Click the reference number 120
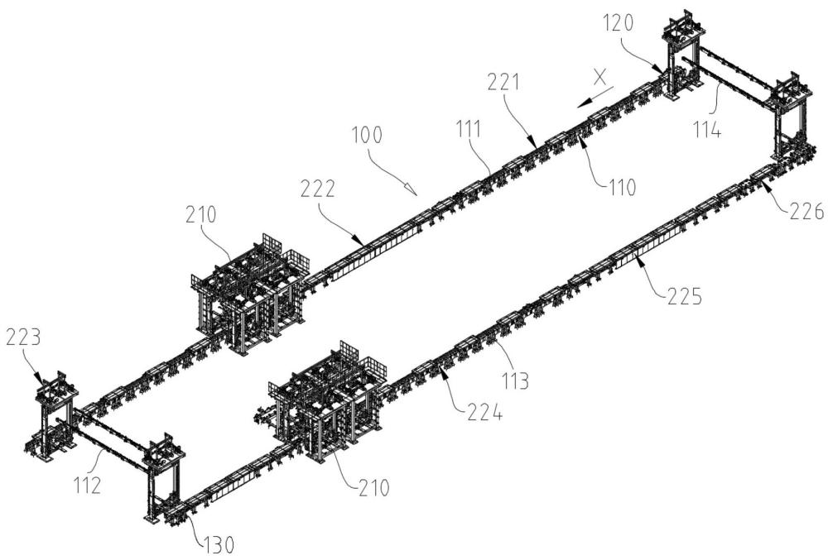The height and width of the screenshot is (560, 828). [618, 24]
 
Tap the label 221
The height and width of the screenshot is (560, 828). [503, 83]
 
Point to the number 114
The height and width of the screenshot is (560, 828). [707, 129]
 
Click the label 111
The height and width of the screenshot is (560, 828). [469, 129]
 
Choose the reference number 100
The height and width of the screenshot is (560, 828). [368, 135]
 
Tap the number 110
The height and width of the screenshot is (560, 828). [622, 187]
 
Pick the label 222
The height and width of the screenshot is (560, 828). [318, 189]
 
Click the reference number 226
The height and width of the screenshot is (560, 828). [806, 211]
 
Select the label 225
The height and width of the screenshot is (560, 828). [685, 296]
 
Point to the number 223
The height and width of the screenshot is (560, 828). [23, 337]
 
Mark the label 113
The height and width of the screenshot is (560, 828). [515, 381]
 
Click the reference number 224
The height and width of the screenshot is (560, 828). [484, 412]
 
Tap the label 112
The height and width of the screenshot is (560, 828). [87, 485]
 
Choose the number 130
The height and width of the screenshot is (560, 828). [218, 545]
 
